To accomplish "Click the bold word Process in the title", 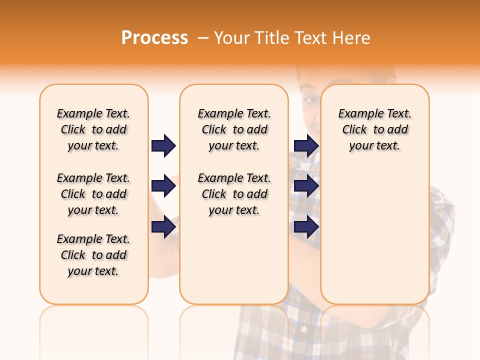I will pos(154,38).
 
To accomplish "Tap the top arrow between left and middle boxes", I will pos(163,145).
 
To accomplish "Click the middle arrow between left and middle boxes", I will pos(163,186).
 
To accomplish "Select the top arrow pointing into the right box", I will pos(306,145).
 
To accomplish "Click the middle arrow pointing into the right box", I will pos(306,186).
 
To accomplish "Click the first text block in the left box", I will pos(93,129).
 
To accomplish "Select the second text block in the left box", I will pos(93,194).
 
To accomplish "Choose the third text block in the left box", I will pos(93,255).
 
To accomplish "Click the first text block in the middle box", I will pos(234,129).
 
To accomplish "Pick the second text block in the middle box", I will pos(234,194).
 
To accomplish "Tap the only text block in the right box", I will pos(374,129).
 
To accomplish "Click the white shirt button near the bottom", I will pos(303,329).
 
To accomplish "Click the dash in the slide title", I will pos(203,38).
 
